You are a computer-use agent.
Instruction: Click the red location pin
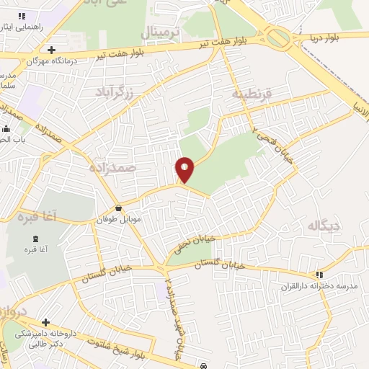coord(185,170)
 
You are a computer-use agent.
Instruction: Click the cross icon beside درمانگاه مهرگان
coord(50,50)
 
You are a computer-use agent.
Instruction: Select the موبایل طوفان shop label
coord(118,219)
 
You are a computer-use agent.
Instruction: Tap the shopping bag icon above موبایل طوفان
coord(118,208)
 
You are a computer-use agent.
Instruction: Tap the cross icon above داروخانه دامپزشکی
coord(46,322)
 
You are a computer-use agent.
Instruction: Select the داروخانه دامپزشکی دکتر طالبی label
coord(46,339)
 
